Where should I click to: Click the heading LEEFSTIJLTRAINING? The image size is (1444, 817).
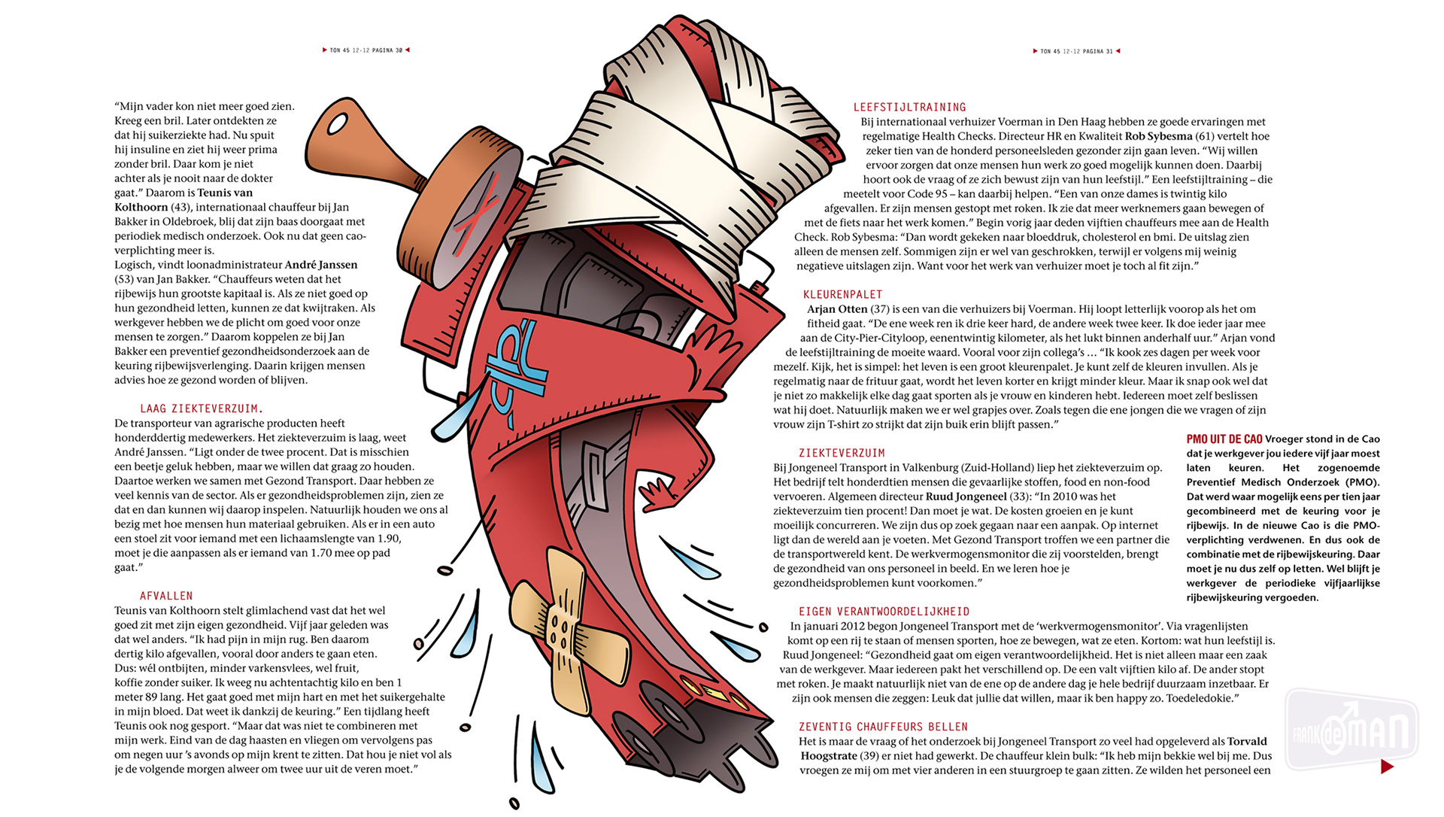(x=909, y=108)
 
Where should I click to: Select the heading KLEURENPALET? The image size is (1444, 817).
(x=842, y=295)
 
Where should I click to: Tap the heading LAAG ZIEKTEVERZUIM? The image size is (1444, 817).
(x=202, y=409)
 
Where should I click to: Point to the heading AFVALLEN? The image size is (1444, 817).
(x=166, y=597)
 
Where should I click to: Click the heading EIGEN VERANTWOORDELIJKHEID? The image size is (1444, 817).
(x=884, y=612)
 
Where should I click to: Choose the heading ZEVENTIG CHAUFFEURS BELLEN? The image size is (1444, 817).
(x=883, y=727)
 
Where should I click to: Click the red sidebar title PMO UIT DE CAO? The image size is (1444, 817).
(x=1224, y=439)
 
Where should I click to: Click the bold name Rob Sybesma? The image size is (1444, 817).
(x=1158, y=136)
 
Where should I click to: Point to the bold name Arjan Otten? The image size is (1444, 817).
(x=837, y=309)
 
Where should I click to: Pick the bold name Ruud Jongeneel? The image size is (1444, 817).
(x=966, y=497)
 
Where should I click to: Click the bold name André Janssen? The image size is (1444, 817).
(x=321, y=265)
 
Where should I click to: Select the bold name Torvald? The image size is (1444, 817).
(x=1246, y=741)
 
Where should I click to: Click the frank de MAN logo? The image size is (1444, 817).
(x=1351, y=729)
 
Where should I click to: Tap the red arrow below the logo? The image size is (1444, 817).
(x=1387, y=767)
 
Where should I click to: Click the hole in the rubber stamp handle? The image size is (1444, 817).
(x=338, y=124)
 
